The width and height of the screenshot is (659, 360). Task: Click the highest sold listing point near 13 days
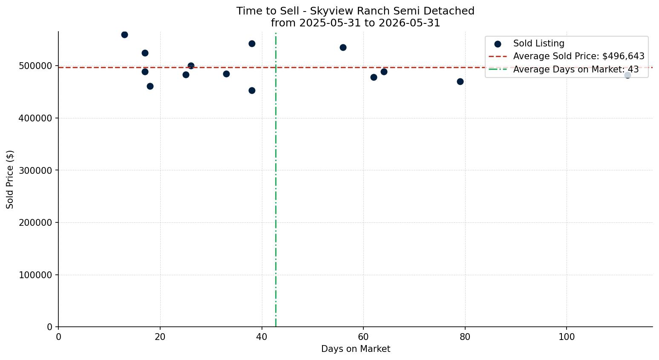[124, 35]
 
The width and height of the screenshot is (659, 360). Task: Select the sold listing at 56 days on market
[343, 47]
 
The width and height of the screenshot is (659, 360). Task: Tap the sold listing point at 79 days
[460, 81]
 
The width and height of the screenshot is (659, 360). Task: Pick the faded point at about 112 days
[627, 75]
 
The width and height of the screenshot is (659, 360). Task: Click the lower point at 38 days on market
[252, 90]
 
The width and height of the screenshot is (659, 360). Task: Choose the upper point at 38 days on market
[252, 43]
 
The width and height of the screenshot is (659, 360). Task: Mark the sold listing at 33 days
[226, 74]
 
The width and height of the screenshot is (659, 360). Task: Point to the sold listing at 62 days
[374, 78]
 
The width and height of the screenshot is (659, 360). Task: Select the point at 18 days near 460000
[150, 86]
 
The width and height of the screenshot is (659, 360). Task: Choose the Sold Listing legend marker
[498, 44]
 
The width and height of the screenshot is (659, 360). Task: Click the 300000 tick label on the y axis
[35, 170]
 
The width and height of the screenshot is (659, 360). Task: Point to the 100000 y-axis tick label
[35, 275]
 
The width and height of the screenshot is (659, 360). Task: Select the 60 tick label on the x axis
[363, 337]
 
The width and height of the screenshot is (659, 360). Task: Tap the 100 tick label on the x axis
[567, 337]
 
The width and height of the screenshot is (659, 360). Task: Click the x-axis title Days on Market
[356, 349]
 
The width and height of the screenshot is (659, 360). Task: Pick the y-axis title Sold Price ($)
[10, 179]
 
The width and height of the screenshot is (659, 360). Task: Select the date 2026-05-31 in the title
[409, 23]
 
